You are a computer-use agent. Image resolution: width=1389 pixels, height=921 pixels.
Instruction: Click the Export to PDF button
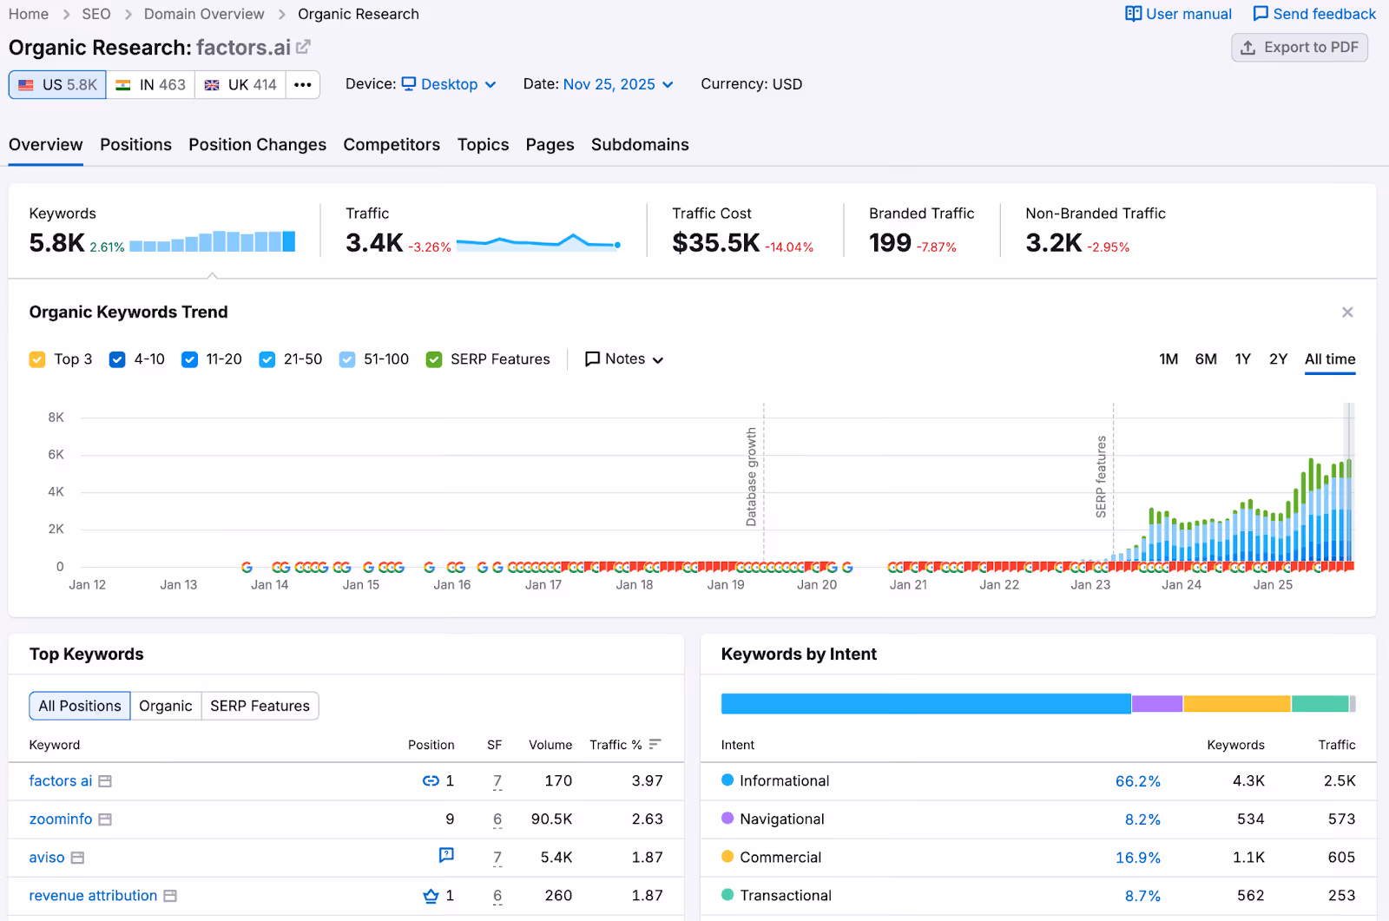pos(1299,48)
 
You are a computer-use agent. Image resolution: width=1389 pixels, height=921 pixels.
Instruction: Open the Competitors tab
pos(392,145)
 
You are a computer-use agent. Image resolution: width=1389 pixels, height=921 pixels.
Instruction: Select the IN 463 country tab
pos(151,85)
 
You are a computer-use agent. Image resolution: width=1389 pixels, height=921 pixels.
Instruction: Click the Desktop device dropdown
pos(449,84)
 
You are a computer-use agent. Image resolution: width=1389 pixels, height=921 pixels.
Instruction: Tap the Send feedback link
pos(1314,14)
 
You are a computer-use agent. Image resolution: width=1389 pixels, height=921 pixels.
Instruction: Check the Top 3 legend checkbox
pos(37,359)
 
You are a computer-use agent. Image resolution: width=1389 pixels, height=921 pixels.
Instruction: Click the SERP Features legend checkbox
pos(435,359)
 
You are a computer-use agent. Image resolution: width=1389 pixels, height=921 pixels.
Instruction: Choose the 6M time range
pos(1206,359)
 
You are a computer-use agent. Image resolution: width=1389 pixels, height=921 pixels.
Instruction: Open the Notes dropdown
pos(625,359)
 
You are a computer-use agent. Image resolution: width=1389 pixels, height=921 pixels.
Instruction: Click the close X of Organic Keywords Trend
pos(1347,312)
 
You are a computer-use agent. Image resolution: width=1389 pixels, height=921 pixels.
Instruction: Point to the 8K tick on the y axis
pos(56,418)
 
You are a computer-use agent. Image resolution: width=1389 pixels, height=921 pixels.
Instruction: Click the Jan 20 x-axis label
pos(817,585)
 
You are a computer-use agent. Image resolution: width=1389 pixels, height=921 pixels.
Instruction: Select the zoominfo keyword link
pos(61,819)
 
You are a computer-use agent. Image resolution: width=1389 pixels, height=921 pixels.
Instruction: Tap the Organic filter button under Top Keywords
pos(166,706)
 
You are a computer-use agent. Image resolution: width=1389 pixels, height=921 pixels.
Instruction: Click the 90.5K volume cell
pos(551,819)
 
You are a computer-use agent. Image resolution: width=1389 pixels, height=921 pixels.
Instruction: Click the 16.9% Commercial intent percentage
pos(1137,858)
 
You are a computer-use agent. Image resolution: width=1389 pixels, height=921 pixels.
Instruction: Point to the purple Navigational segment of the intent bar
pos(1156,704)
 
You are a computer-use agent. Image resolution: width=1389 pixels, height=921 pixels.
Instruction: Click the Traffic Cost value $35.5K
pos(716,243)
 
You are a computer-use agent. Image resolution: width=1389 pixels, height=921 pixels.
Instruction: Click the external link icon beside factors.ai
pos(303,47)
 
